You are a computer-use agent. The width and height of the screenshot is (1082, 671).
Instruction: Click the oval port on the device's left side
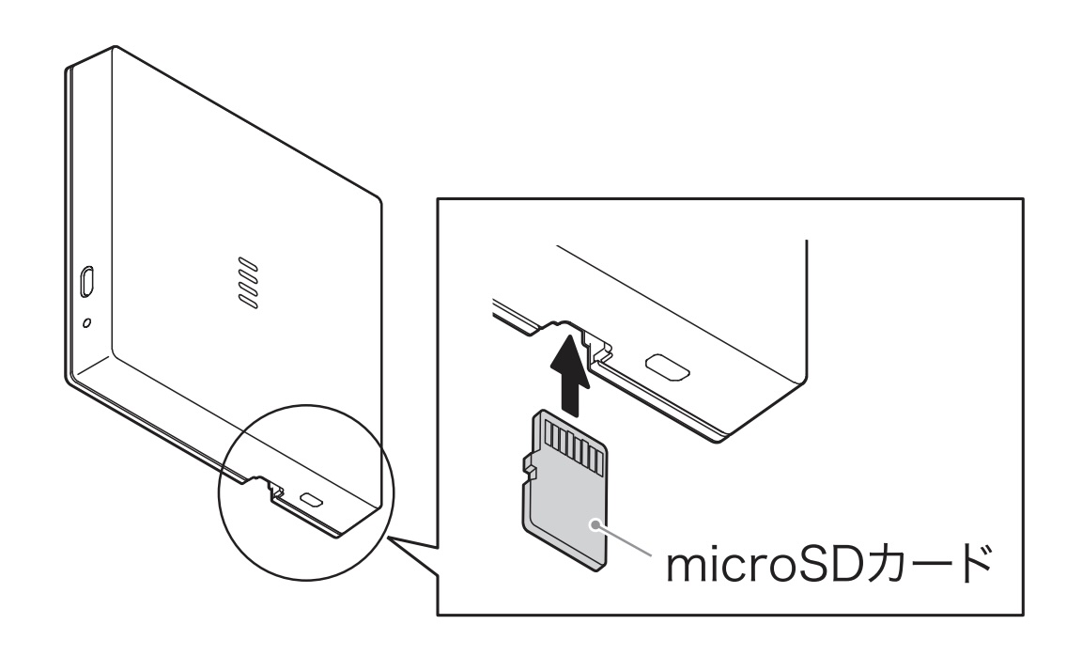(88, 282)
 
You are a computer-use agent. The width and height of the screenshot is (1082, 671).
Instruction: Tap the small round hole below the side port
(86, 322)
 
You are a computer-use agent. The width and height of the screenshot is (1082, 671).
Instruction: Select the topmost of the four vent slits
(248, 264)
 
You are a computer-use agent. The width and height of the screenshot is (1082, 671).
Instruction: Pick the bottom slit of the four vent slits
(248, 301)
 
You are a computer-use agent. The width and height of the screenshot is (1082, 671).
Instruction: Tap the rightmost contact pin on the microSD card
(597, 460)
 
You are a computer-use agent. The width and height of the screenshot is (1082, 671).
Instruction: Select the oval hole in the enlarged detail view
(667, 367)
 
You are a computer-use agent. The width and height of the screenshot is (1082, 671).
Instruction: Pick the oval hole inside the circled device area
(312, 498)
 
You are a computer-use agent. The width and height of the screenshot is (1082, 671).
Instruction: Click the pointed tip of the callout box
(389, 537)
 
